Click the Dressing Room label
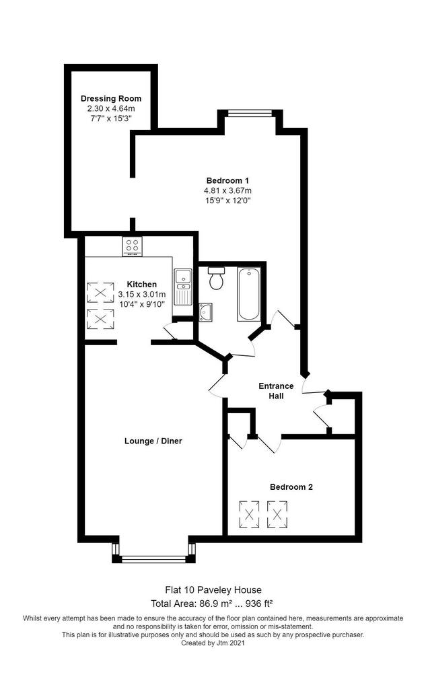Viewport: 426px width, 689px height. [x=111, y=98]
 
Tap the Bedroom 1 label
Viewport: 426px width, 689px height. [x=227, y=180]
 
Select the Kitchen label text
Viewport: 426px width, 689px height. [x=141, y=285]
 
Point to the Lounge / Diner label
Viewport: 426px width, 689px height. [x=153, y=441]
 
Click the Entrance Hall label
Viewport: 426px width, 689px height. [x=276, y=391]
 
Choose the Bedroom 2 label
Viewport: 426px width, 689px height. [x=291, y=487]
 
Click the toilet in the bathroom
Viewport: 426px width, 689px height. [x=216, y=278]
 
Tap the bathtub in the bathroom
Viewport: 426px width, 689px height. [x=248, y=294]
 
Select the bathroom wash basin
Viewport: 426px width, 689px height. [x=205, y=312]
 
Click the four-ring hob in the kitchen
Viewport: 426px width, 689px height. [x=132, y=246]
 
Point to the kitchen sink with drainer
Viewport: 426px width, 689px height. [x=182, y=287]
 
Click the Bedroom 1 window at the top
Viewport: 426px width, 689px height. [x=249, y=113]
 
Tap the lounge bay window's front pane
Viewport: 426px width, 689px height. [x=154, y=559]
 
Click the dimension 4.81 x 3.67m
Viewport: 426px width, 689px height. [x=227, y=190]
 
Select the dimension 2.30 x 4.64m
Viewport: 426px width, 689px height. [x=111, y=108]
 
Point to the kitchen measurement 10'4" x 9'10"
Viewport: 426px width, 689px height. [x=141, y=304]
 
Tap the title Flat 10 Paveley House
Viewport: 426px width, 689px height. [x=213, y=589]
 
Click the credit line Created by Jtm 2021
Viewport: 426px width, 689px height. [x=213, y=643]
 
